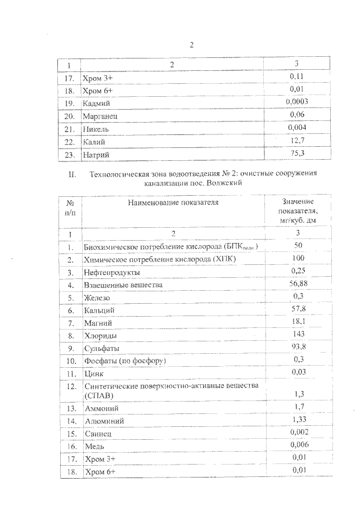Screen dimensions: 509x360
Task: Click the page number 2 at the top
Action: point(191,46)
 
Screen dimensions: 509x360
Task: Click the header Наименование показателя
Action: point(173,202)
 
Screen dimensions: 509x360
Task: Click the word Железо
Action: point(97,298)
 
